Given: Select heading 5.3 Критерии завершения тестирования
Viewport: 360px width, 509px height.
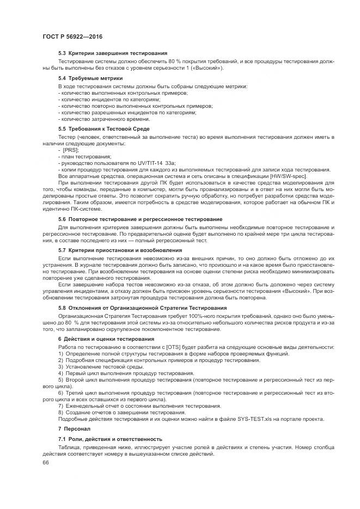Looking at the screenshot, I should pyautogui.click(x=113, y=53).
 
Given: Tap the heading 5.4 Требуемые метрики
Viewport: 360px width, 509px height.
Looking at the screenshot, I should pyautogui.click(x=90, y=78).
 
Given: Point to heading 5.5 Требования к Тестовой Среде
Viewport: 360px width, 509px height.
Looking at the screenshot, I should pyautogui.click(x=103, y=128).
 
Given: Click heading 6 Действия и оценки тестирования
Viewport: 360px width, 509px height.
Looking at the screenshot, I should pyautogui.click(x=107, y=339).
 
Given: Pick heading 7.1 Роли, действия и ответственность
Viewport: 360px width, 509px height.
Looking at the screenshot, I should pyautogui.click(x=110, y=439).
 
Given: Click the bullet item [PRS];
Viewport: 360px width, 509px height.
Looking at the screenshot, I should pyautogui.click(x=70, y=150).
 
